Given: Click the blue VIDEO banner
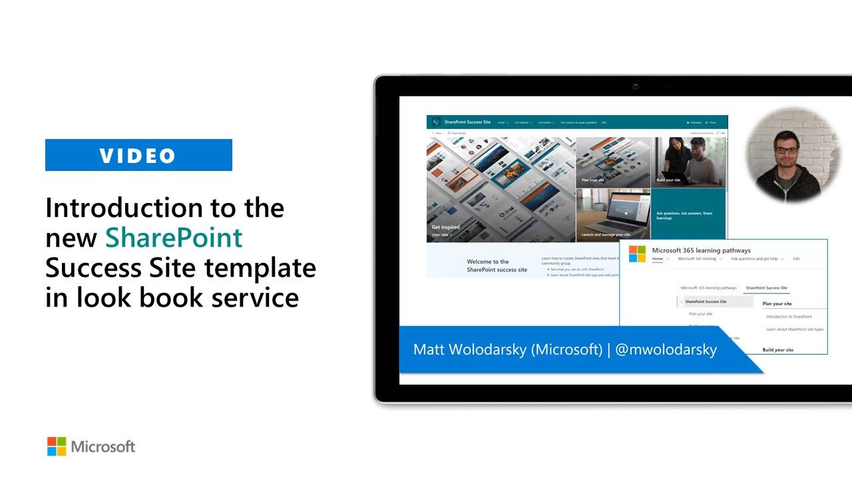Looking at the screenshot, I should (x=138, y=155).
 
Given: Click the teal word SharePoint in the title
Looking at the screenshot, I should (x=174, y=238).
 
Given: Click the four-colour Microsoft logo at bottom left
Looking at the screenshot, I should (x=57, y=446).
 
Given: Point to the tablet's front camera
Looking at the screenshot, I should (x=636, y=86).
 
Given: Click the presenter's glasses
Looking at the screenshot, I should (x=787, y=150).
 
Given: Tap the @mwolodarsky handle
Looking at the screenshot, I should (x=666, y=349).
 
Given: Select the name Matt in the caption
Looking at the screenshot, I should (x=429, y=349).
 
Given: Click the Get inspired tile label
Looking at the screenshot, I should (x=445, y=228).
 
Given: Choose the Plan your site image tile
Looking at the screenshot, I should (x=612, y=162).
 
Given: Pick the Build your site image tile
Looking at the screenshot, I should (x=688, y=162).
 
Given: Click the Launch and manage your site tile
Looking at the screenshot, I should (x=612, y=213).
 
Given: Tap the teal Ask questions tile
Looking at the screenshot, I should (x=688, y=214).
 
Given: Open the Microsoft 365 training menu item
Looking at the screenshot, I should (x=697, y=259).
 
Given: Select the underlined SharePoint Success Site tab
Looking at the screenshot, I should (x=766, y=288).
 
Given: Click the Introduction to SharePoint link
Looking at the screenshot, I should (x=789, y=317).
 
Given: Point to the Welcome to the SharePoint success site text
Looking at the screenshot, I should (x=497, y=265).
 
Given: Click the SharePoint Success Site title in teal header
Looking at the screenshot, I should (x=467, y=122).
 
